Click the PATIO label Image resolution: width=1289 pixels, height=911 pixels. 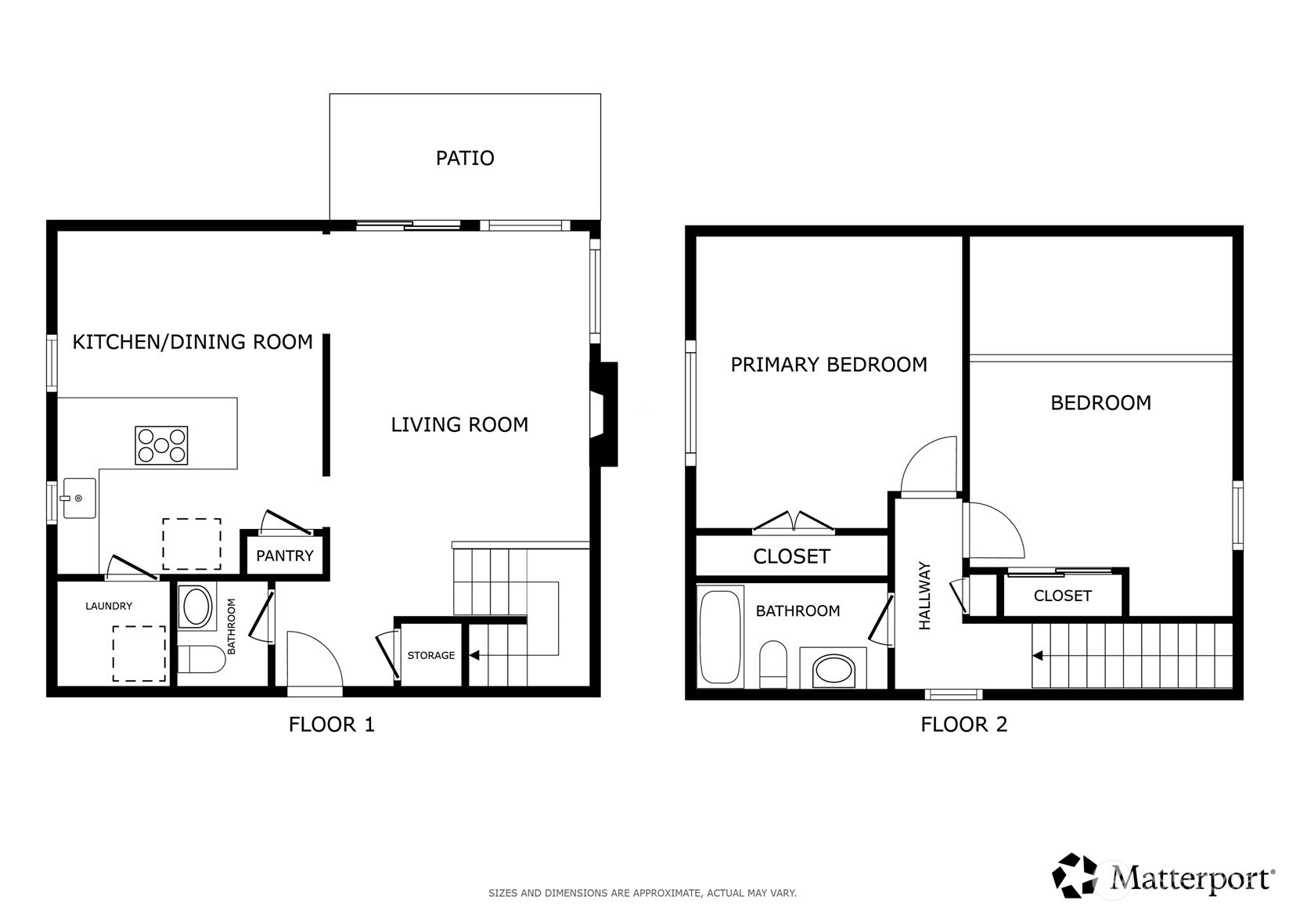pos(465,158)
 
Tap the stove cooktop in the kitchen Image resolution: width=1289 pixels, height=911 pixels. pos(161,445)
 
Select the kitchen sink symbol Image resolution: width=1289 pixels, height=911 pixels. pos(79,499)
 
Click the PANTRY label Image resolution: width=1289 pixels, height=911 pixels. pos(285,556)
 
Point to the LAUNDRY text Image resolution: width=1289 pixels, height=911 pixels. pos(109,606)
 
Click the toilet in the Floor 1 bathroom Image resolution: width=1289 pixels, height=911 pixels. pos(201,659)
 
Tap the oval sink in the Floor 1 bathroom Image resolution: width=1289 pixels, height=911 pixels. pos(196,607)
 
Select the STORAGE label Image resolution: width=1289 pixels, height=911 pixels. pos(430,656)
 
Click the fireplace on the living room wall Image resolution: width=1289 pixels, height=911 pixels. pos(605,414)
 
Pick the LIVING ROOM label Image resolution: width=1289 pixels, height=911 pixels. pos(459,425)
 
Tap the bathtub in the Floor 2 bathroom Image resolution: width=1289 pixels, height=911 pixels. pos(719,636)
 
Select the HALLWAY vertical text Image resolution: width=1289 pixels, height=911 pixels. pos(925,596)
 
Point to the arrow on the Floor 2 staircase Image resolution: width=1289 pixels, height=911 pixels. pos(1038,656)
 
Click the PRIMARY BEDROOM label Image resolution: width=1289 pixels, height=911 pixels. pos(829,365)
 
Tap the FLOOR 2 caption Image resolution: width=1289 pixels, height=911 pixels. pos(963,725)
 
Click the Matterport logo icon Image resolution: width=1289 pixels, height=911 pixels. pos(1075,875)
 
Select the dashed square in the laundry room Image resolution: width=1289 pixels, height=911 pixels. pos(139,654)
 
